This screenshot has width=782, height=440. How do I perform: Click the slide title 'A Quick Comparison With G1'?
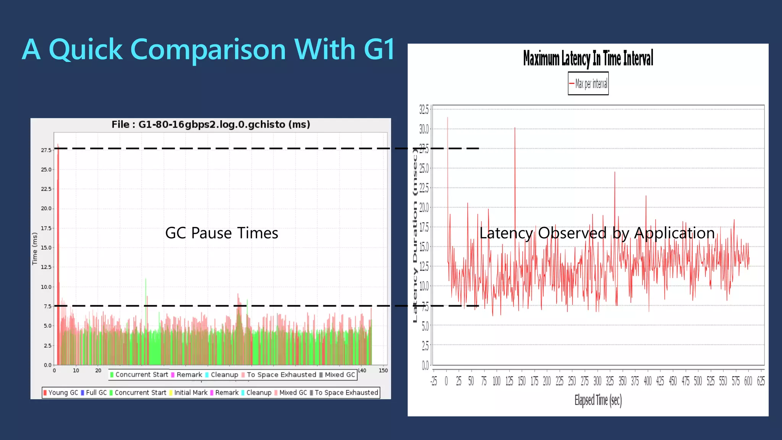[x=208, y=50]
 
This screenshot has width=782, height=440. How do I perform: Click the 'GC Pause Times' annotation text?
[x=221, y=233]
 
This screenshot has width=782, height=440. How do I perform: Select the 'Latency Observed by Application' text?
[x=597, y=233]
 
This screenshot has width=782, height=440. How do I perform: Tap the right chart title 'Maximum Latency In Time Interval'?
[x=588, y=58]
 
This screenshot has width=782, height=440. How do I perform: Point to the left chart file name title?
[x=211, y=125]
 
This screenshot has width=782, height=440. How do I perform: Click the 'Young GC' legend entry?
[x=61, y=393]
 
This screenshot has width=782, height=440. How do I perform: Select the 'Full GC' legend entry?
[x=94, y=393]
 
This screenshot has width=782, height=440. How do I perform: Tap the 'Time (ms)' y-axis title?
[x=35, y=249]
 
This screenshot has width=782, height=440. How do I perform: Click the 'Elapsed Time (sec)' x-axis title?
[x=598, y=400]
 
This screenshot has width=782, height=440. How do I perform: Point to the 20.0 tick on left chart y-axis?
[x=46, y=209]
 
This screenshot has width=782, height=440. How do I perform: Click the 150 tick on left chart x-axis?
[x=383, y=370]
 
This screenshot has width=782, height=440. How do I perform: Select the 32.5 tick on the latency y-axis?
[x=424, y=110]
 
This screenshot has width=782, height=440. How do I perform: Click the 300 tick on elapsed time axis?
[x=597, y=381]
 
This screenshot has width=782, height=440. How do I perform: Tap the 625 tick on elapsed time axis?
[x=761, y=381]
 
